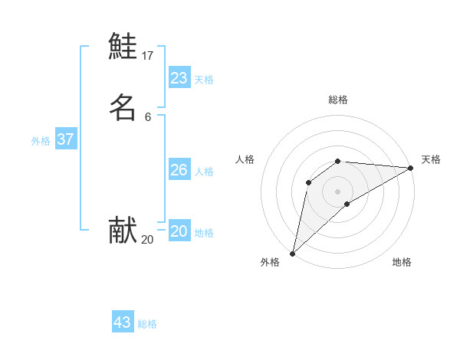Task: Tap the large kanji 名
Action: pos(123,107)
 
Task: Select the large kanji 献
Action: pos(123,230)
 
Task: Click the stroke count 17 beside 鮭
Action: pos(148,56)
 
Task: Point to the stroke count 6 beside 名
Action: pos(148,117)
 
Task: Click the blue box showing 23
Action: pos(179,78)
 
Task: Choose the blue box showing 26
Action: pos(179,170)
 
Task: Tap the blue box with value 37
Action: pos(66,139)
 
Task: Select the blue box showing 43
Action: pos(123,322)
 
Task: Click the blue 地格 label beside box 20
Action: pos(204,233)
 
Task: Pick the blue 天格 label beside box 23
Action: pos(204,80)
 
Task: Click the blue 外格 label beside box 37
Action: pos(41,141)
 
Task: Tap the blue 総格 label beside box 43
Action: pos(147,324)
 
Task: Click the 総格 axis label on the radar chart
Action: pos(338,100)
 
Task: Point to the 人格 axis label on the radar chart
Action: pos(245,159)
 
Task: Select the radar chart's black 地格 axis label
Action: pos(402,263)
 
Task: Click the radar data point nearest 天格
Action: pos(410,168)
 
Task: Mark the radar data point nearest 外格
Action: pos(292,254)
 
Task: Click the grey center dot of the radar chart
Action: pos(338,191)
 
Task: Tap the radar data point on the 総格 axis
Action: pos(338,161)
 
